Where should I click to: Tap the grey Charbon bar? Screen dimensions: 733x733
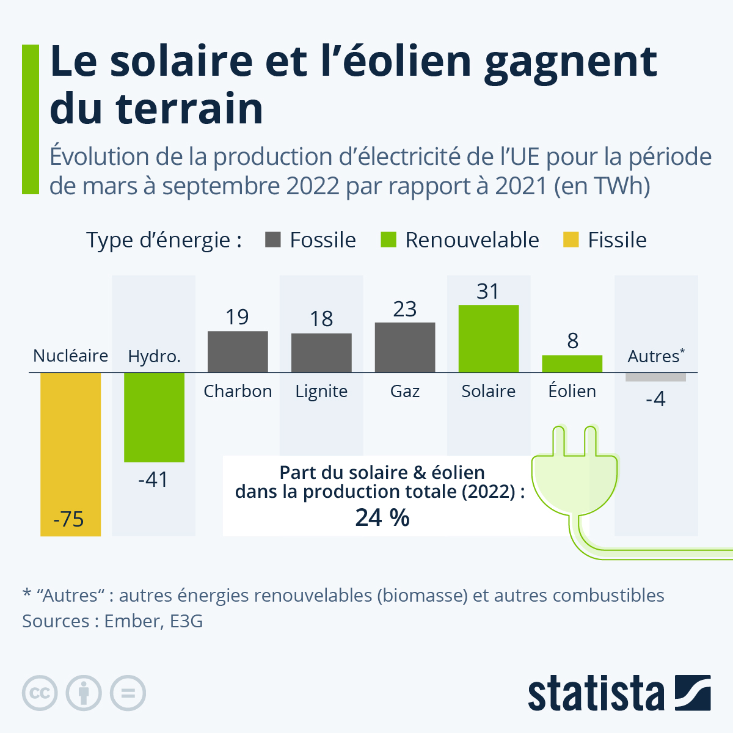pos(238,352)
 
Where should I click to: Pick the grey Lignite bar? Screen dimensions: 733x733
pos(321,352)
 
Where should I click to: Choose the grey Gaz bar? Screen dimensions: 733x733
pos(405,348)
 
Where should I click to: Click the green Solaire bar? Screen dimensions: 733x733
pos(489,338)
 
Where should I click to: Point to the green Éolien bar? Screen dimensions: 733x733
pos(572,363)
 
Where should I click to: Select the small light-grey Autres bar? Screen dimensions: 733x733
pos(655,377)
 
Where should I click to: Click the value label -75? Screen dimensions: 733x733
pos(68,519)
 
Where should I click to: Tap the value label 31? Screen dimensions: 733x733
pos(488,291)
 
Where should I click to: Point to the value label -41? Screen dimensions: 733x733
pos(153,480)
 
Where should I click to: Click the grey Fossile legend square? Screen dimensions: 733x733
pos(273,240)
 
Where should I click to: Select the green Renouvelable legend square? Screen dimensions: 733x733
pos(388,240)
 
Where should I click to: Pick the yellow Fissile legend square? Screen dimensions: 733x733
pos(571,240)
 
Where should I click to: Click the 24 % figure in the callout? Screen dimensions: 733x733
pos(382,517)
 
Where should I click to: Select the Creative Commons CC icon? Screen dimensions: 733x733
pos(40,693)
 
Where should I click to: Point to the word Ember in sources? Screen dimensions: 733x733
pos(133,621)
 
